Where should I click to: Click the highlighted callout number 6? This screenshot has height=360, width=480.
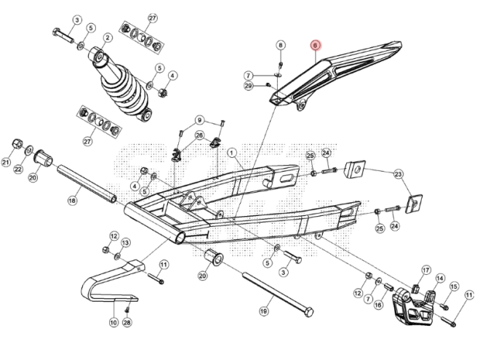point(315,45)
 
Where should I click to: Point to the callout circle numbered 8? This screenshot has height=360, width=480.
point(281,46)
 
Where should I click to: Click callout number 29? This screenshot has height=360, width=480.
point(248,87)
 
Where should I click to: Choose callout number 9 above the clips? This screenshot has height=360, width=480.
point(199,120)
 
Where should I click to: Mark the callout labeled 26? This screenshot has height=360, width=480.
point(199,135)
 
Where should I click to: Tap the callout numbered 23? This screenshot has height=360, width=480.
point(398,174)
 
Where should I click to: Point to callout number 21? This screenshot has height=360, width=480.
point(7,163)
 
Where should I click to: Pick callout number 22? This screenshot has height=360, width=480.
point(18,169)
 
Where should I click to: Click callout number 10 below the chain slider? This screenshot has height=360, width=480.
point(113,322)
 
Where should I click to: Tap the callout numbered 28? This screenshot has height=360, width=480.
point(127,322)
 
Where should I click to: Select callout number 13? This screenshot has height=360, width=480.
point(125,242)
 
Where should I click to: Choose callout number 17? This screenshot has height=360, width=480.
point(425,269)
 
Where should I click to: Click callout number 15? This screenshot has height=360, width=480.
point(454,287)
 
